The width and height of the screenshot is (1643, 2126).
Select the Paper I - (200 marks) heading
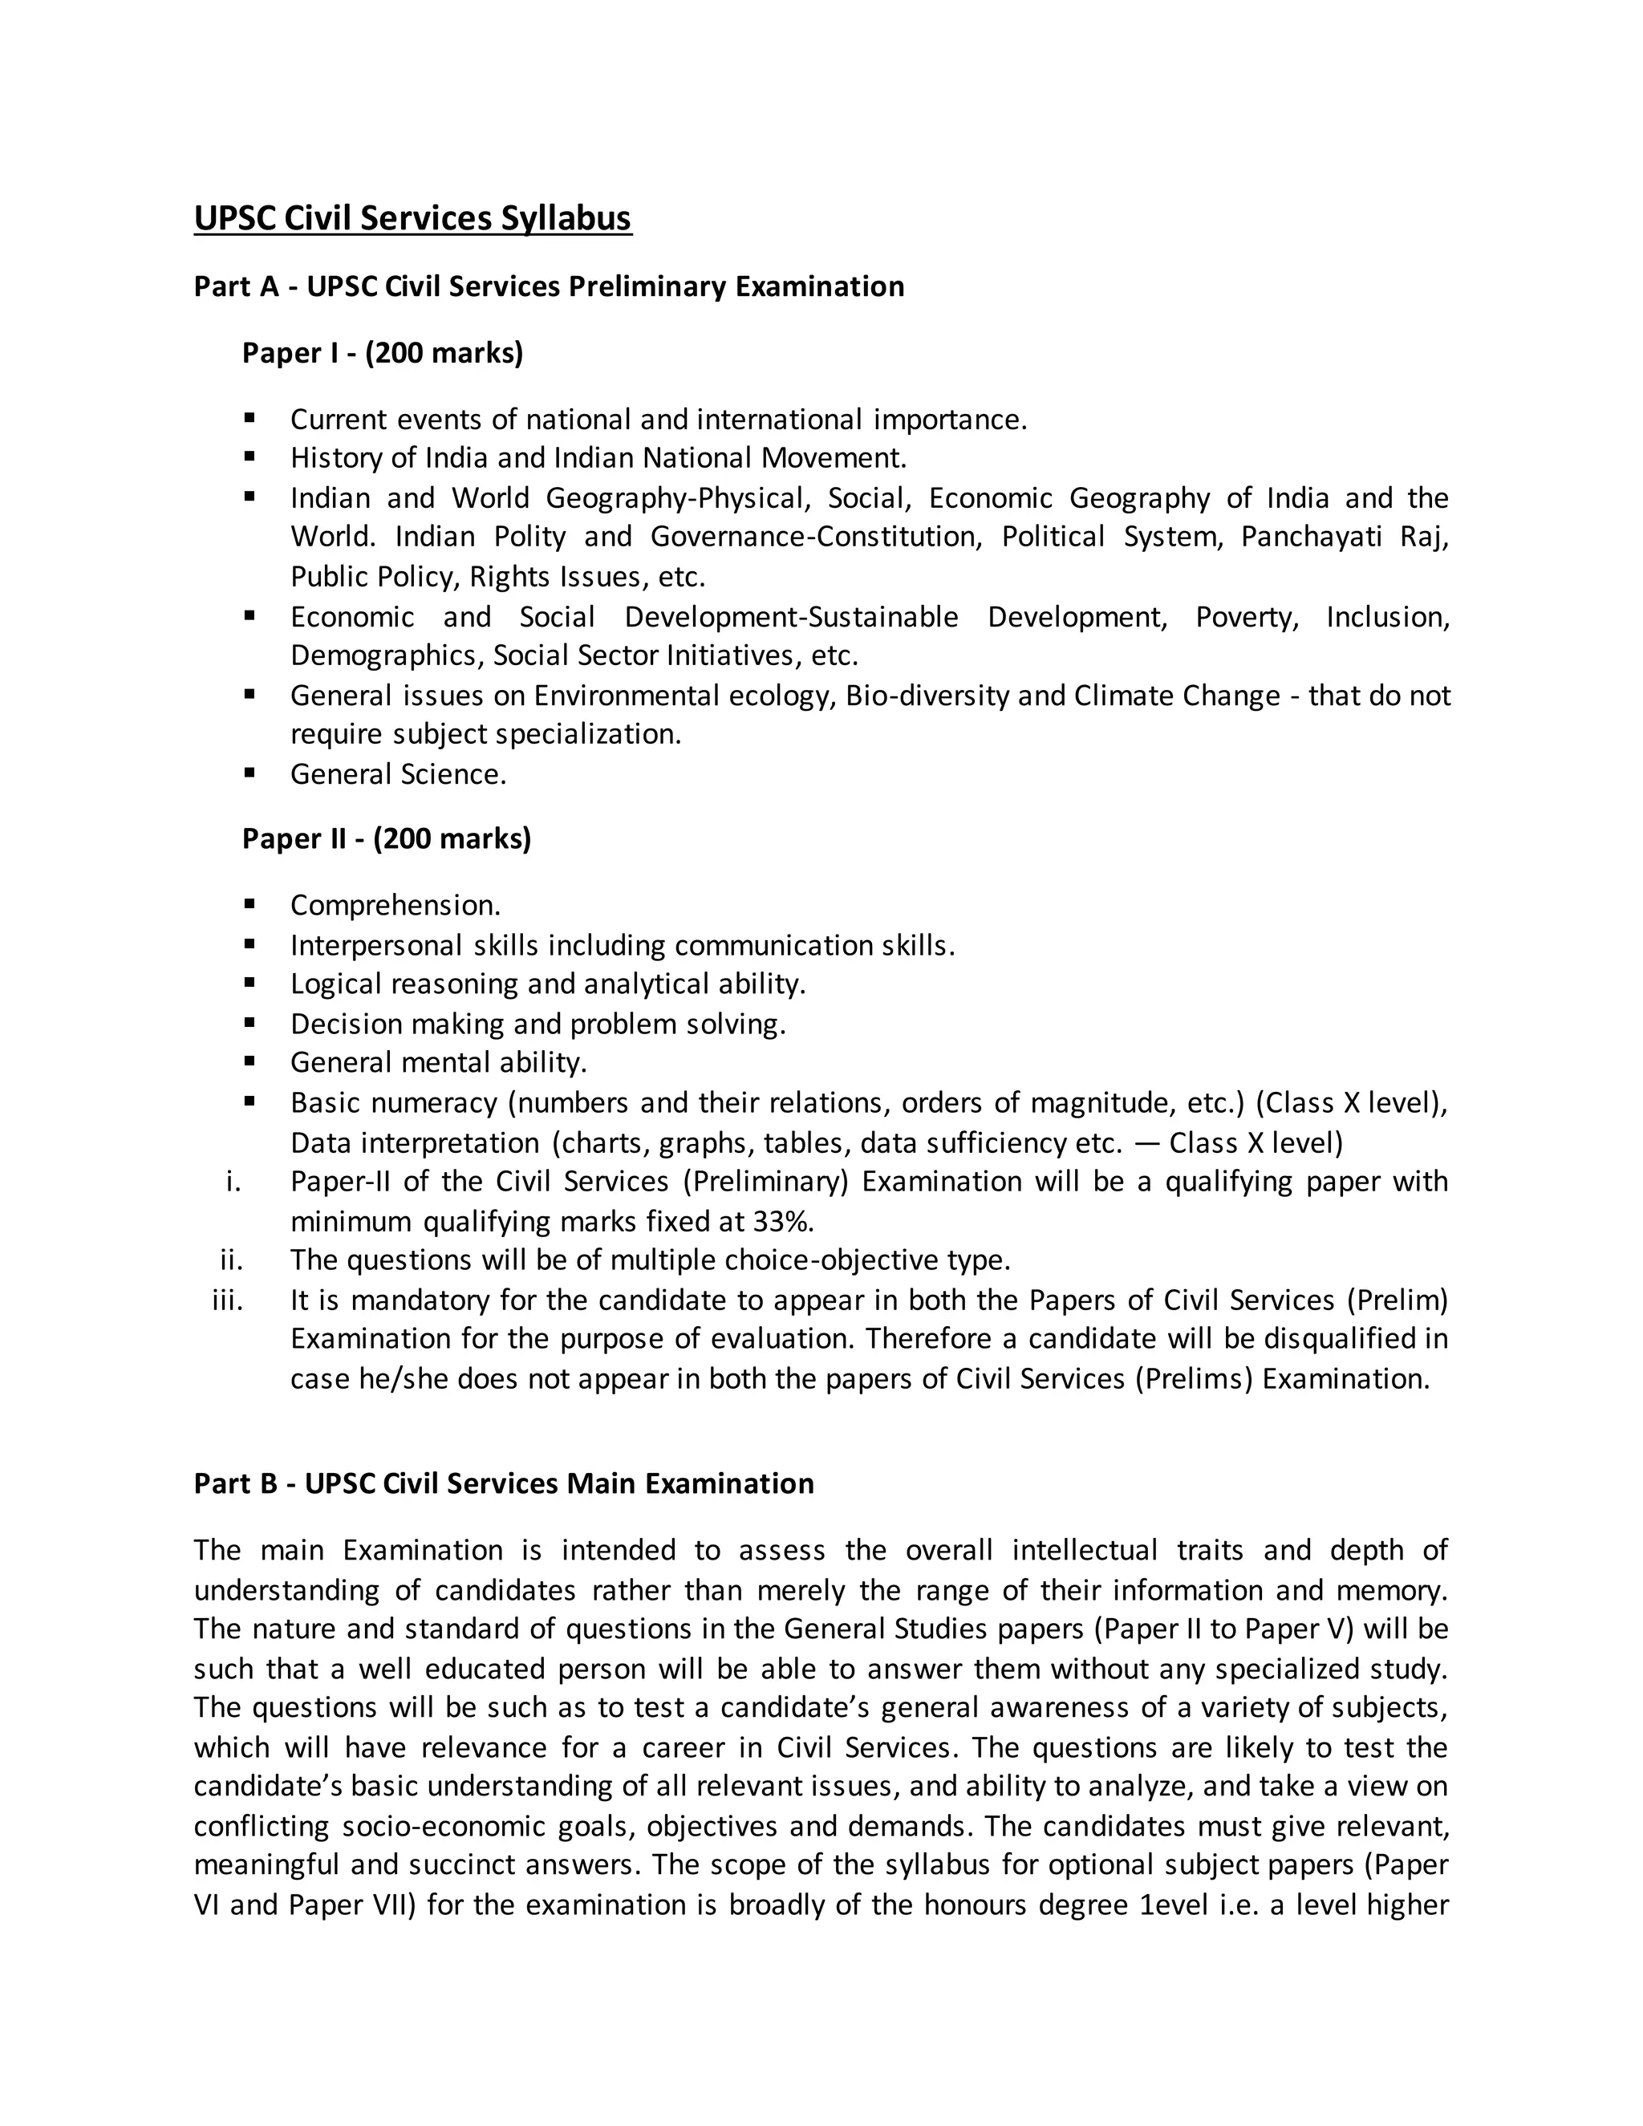coord(383,352)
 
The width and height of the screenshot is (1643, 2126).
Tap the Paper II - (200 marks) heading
coord(387,838)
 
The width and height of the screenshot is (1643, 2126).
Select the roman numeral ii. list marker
coord(232,1260)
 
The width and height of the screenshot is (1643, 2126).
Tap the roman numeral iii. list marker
coord(228,1300)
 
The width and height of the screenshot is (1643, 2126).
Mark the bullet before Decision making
coord(250,1023)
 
